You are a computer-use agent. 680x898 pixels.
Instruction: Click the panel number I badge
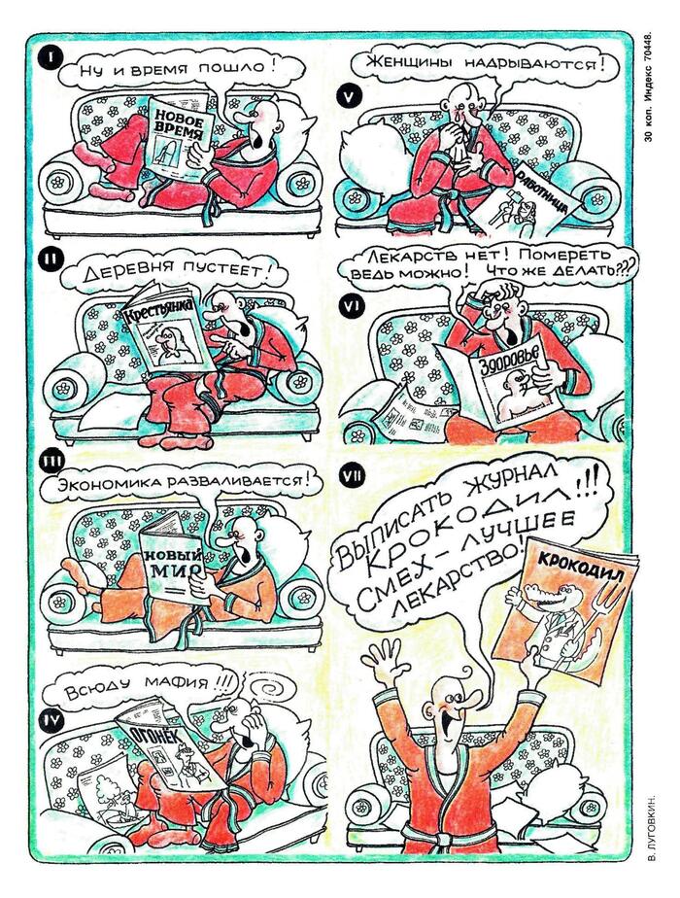51,58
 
